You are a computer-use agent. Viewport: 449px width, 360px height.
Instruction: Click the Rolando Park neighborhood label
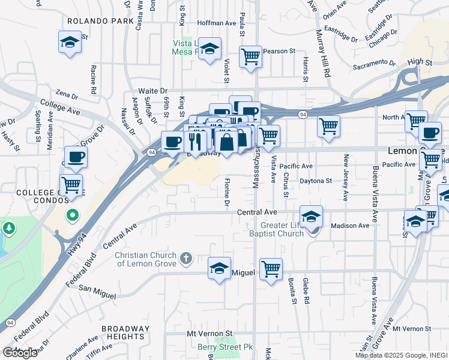click(100, 20)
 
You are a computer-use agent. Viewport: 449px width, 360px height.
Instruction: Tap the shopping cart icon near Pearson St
click(250, 57)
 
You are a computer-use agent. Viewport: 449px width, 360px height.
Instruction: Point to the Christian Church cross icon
click(186, 259)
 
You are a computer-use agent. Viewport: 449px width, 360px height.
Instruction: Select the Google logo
click(20, 353)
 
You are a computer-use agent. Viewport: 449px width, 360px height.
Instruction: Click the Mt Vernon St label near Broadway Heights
click(209, 333)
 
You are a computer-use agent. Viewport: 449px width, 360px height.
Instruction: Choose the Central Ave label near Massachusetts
click(256, 212)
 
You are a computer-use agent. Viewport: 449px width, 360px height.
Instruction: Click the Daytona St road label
click(316, 181)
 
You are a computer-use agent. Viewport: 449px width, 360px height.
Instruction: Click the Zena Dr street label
click(67, 94)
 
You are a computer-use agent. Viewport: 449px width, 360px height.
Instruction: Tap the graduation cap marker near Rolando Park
click(70, 43)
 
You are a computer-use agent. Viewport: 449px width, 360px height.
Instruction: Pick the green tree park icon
click(10, 229)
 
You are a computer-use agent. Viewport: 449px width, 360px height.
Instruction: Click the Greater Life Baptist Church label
click(277, 229)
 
